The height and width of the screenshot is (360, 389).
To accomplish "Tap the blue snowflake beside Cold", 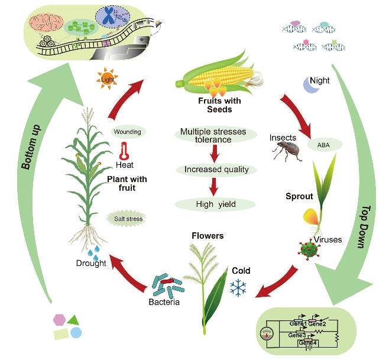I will pyautogui.click(x=238, y=288).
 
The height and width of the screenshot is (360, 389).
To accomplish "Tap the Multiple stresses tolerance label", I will pyautogui.click(x=214, y=135).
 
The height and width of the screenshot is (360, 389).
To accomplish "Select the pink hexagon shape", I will pyautogui.click(x=59, y=320).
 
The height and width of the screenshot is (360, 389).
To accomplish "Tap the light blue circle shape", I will pyautogui.click(x=76, y=333).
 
